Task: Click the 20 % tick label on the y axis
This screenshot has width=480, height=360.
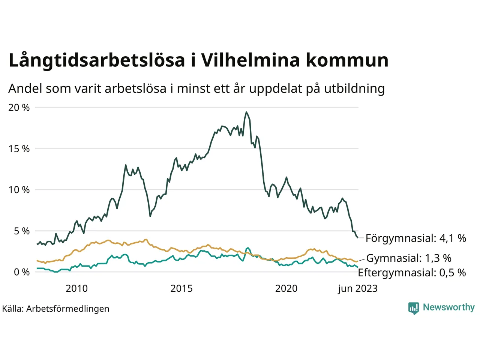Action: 19,108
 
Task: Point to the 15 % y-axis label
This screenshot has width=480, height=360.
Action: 19,149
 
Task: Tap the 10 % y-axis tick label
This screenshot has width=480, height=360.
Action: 19,190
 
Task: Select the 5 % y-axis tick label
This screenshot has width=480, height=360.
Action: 21,231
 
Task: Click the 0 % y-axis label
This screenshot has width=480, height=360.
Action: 21,272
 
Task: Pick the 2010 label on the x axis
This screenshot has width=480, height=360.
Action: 76,288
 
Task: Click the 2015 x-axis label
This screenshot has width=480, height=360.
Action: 181,288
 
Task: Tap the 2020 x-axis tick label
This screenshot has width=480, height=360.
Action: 286,288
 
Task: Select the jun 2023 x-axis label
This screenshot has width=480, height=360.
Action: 357,288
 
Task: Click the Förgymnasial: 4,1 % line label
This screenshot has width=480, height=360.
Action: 415,238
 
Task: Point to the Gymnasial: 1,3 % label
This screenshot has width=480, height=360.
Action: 409,258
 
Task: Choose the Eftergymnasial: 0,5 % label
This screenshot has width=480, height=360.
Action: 412,273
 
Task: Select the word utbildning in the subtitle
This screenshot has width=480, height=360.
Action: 354,88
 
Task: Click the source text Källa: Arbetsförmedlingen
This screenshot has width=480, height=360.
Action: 55,309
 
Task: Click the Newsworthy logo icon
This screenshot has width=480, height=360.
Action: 414,308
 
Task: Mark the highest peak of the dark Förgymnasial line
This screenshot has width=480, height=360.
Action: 246,112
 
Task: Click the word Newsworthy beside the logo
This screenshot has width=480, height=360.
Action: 448,307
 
